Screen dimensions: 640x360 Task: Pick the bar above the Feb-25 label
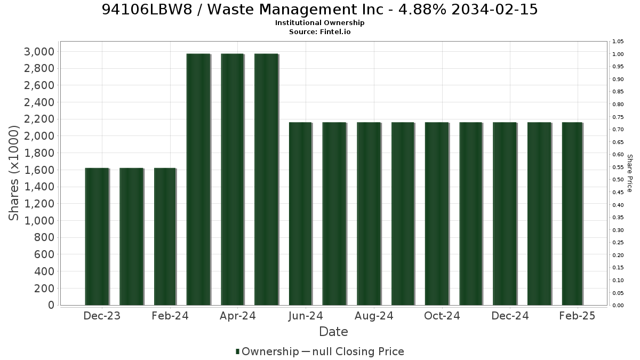click(572, 214)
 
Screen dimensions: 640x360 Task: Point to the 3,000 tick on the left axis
click(39, 52)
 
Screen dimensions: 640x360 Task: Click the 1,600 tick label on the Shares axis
click(39, 170)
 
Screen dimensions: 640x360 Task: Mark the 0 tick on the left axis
click(51, 305)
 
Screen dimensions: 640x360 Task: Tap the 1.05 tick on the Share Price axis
click(618, 42)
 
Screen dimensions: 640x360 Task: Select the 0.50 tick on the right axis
click(618, 180)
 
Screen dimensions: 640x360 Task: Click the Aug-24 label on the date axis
click(374, 316)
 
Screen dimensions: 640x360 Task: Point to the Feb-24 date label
click(170, 316)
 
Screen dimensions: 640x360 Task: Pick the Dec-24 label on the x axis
click(510, 316)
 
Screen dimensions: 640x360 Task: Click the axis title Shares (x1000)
click(14, 173)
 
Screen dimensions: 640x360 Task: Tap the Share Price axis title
click(630, 173)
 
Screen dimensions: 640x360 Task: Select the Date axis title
click(333, 332)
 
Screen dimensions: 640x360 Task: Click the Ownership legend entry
click(267, 351)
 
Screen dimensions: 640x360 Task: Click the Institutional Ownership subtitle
click(319, 23)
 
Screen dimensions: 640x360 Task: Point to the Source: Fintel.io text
click(319, 31)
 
